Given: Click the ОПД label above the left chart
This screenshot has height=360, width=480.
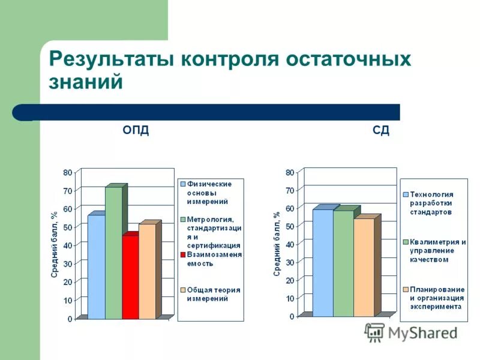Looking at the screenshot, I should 136,131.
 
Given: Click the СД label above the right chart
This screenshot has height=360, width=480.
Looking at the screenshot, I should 380,131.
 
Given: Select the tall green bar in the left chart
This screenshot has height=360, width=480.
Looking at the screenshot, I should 113,252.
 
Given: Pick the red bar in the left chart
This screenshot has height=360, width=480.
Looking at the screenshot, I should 130,277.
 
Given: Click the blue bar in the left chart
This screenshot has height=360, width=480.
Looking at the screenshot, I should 96,266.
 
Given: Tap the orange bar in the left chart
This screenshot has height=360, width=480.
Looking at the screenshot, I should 147,271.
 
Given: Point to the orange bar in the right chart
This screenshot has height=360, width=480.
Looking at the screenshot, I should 364,267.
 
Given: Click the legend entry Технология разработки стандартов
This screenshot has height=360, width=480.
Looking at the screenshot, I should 431,203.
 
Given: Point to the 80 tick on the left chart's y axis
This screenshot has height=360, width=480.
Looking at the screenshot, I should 68,173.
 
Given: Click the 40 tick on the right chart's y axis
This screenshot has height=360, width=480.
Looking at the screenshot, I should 290,244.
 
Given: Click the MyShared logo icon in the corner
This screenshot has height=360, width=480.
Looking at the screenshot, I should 374,332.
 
